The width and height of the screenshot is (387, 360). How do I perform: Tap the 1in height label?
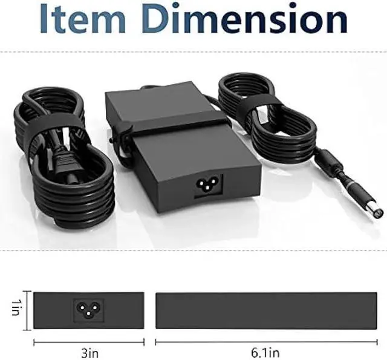coord(15,307)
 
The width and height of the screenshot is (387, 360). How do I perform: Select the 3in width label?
coord(89,353)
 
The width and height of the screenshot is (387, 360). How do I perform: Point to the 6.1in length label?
coord(265,353)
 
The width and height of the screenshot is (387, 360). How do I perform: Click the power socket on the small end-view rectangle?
coord(89,310)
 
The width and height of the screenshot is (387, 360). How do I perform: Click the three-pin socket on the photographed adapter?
coord(209,186)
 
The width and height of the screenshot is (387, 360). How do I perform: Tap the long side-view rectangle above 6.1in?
coord(266,310)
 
